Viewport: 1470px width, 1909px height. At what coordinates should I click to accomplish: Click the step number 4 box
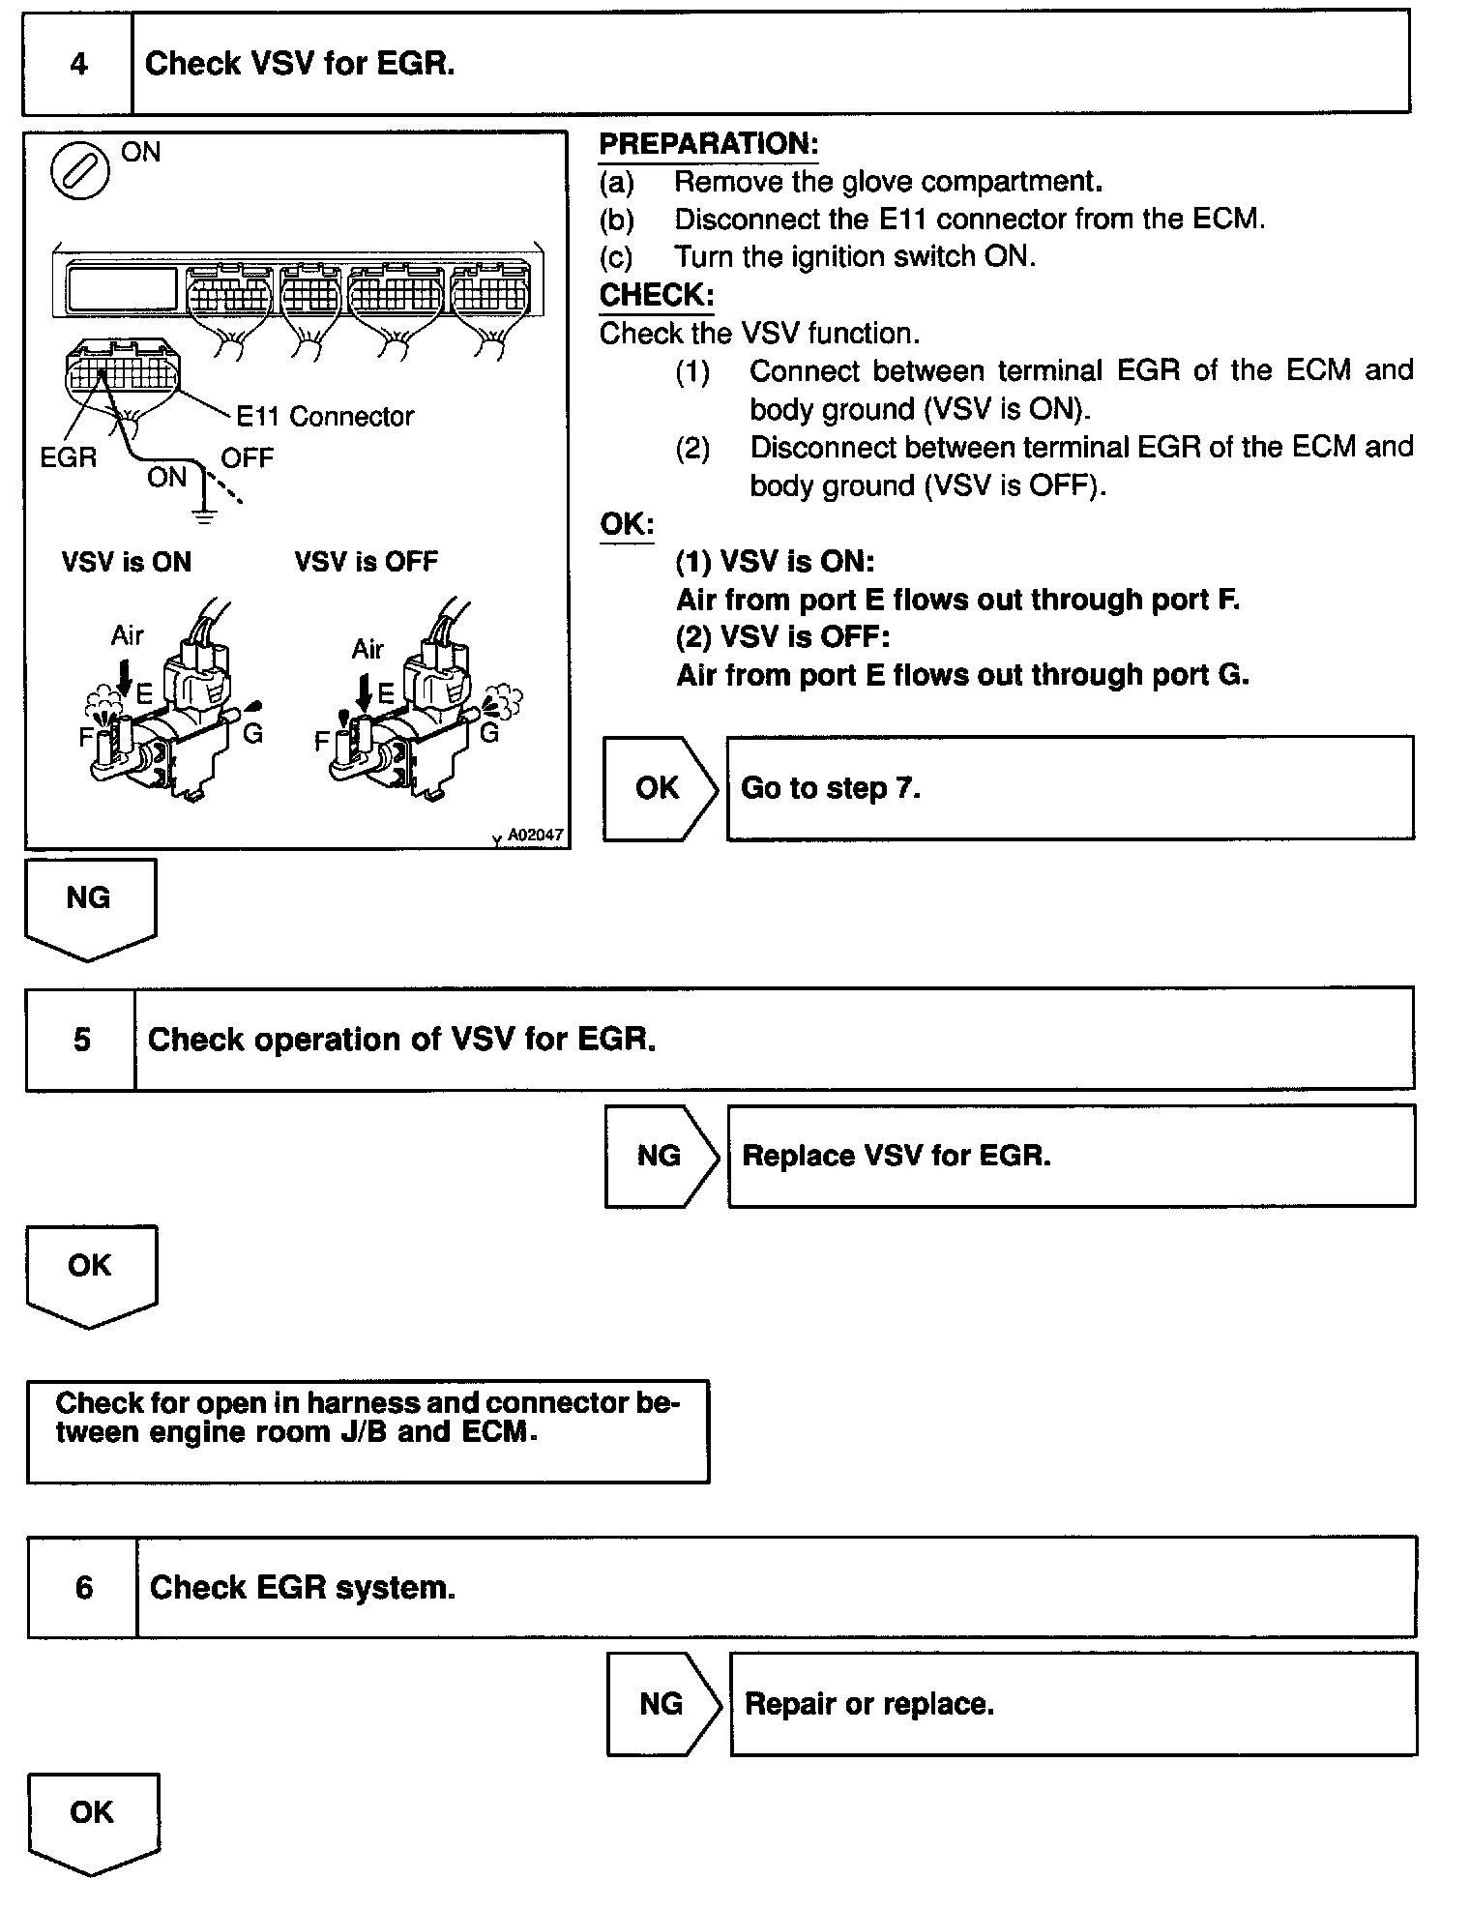(x=78, y=64)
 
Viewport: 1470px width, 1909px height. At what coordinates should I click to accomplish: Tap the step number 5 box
(x=81, y=1040)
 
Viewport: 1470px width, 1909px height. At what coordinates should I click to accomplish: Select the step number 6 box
(x=83, y=1587)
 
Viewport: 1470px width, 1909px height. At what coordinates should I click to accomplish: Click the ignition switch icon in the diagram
(x=80, y=170)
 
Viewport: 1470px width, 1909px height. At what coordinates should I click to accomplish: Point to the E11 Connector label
(x=325, y=416)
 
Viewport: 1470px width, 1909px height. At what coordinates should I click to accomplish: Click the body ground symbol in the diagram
(x=204, y=515)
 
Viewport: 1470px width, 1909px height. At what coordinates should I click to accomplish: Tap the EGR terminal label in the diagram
(x=68, y=457)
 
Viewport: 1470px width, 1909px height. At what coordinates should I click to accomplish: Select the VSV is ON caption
(x=127, y=562)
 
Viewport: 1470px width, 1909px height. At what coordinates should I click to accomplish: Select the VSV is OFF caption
(x=366, y=562)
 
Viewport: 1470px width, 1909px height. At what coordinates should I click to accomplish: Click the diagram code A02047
(x=536, y=835)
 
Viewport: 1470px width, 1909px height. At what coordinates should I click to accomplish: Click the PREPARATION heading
(x=709, y=144)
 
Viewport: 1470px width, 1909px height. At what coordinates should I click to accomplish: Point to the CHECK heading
(x=657, y=295)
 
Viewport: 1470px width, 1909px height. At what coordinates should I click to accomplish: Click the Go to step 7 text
(x=831, y=788)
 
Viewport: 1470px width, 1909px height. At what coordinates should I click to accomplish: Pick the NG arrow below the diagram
(x=89, y=905)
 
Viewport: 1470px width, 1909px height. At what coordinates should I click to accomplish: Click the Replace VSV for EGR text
(x=896, y=1156)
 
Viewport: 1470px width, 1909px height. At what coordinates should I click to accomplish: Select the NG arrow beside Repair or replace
(x=662, y=1703)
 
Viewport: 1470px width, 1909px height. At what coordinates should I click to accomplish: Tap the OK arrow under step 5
(x=91, y=1273)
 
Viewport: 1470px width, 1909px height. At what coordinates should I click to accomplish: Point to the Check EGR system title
(x=303, y=1587)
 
